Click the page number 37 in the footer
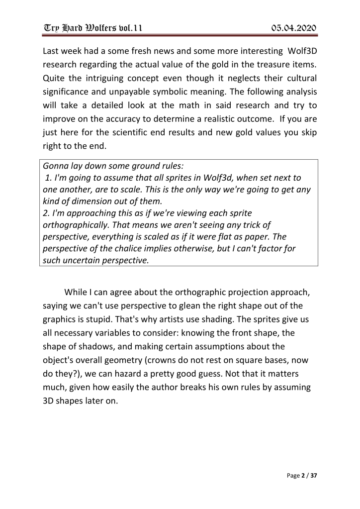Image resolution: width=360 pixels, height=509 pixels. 313,476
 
